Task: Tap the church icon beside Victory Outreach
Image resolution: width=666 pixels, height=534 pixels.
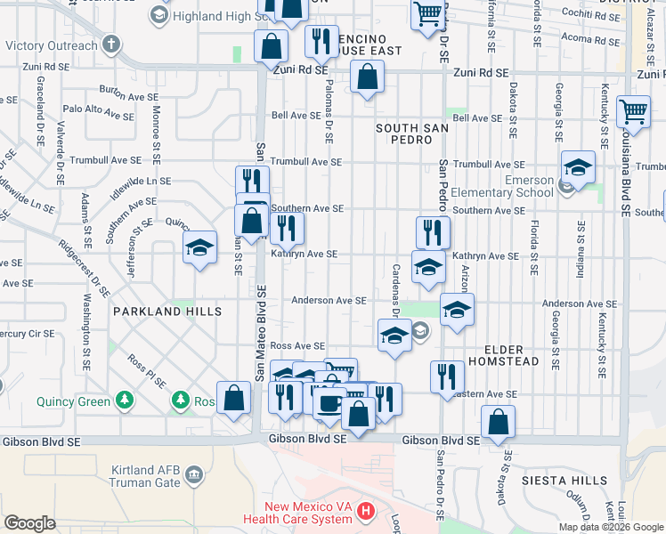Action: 110,44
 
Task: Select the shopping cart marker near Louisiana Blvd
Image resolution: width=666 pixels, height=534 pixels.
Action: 633,111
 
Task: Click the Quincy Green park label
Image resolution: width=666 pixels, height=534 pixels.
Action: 74,400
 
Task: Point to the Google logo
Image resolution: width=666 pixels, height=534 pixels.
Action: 29,523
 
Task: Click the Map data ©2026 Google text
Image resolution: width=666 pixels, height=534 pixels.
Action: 611,527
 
